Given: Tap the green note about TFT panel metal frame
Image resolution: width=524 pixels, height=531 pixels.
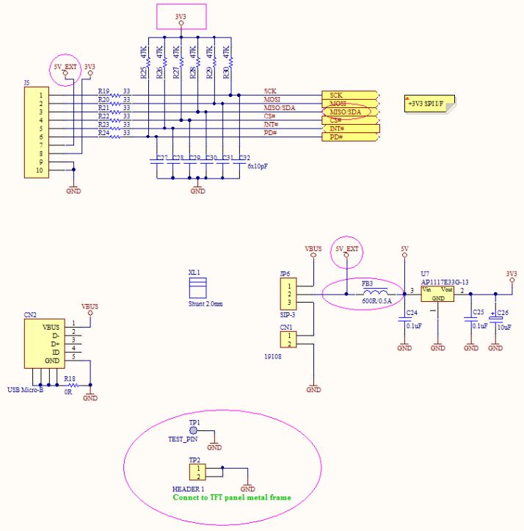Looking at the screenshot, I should [231, 497].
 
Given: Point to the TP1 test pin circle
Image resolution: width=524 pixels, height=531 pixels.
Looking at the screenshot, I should [194, 432].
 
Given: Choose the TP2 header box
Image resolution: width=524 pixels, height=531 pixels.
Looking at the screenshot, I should [195, 471].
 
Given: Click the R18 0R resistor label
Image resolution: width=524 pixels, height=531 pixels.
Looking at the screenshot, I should [70, 379].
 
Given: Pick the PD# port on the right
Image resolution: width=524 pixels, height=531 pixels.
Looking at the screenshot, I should [349, 137].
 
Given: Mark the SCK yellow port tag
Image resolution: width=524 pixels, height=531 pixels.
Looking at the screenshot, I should [349, 95].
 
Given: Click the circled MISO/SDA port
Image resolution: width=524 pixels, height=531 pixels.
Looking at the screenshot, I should [349, 112].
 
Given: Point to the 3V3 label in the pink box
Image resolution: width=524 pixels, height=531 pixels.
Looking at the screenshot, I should [181, 16].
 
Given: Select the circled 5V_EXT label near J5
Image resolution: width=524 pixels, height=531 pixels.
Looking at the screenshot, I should [65, 67].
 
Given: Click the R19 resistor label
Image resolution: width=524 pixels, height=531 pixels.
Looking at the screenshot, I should [103, 91].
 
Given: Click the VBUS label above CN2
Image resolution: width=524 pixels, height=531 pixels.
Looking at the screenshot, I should [90, 306].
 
